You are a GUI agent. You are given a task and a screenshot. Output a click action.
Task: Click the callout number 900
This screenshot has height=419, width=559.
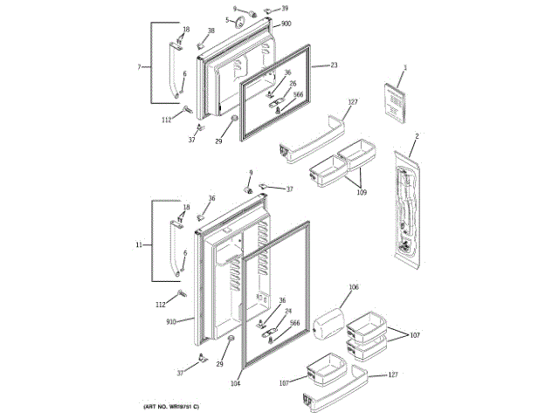(286, 24)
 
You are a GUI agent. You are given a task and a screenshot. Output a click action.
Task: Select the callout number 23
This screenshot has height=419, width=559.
(334, 65)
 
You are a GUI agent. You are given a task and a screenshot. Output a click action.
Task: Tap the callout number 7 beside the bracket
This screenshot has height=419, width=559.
(139, 67)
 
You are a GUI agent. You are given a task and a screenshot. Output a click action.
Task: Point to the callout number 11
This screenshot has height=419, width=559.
(139, 245)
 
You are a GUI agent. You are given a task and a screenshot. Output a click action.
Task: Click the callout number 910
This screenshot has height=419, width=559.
(171, 322)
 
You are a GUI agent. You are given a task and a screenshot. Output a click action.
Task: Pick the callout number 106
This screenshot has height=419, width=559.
(354, 287)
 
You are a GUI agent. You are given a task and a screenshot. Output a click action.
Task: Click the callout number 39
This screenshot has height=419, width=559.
(285, 8)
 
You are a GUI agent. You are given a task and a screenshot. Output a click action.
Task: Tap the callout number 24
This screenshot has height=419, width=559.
(288, 311)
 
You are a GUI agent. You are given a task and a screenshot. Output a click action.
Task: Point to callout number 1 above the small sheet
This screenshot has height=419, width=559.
(405, 68)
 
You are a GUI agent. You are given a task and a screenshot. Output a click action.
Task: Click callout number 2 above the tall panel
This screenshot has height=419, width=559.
(417, 136)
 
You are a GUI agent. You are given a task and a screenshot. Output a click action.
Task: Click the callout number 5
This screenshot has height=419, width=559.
(228, 20)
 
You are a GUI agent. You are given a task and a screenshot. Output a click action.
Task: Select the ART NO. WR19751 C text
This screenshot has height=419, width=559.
(172, 408)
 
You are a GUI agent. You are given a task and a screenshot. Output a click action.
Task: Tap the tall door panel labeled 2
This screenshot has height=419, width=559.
(404, 209)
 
